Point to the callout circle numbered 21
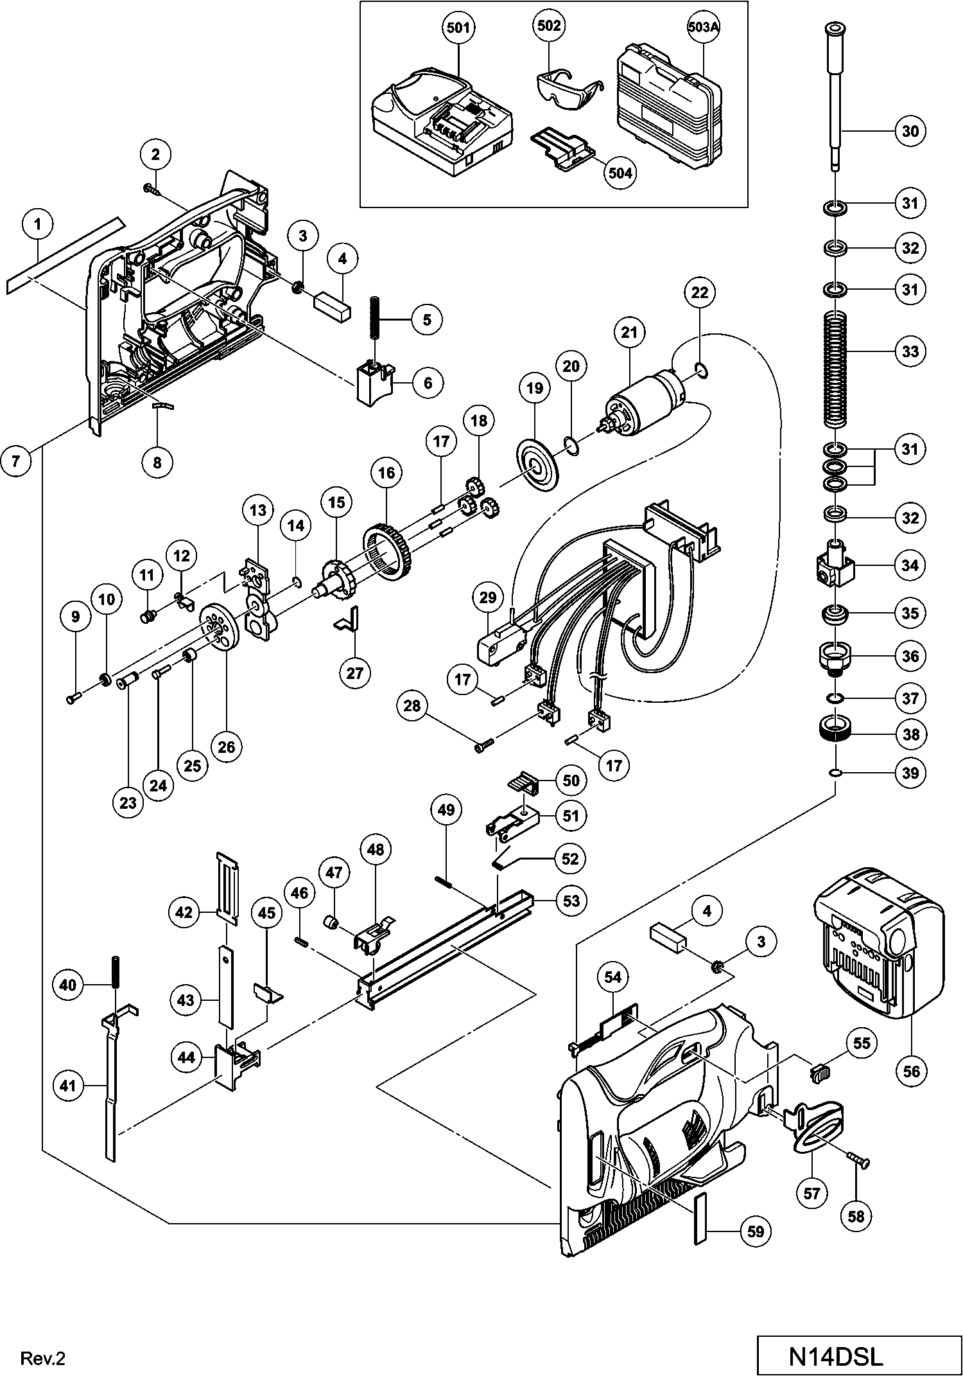point(630,333)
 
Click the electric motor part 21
point(642,403)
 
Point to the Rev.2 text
point(43,1359)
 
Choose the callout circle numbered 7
point(15,461)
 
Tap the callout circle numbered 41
point(68,1086)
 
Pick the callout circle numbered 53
point(571,901)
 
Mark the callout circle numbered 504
point(620,173)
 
